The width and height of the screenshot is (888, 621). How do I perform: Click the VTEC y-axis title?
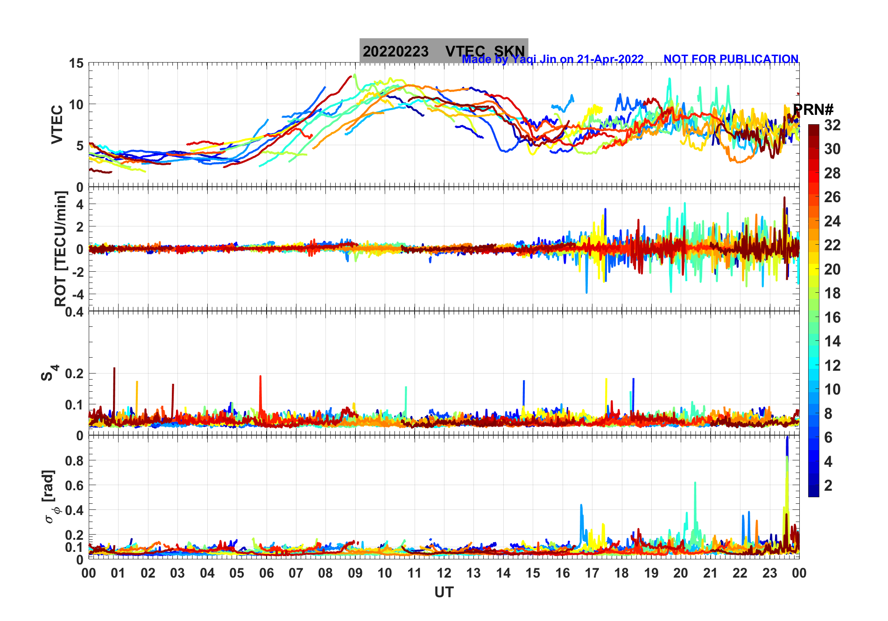pyautogui.click(x=57, y=124)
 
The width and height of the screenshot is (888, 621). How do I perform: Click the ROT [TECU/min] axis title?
pyautogui.click(x=61, y=248)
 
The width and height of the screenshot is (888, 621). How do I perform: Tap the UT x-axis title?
pyautogui.click(x=444, y=593)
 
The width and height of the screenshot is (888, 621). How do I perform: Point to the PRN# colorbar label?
pyautogui.click(x=813, y=110)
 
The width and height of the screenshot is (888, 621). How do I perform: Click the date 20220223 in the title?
pyautogui.click(x=395, y=51)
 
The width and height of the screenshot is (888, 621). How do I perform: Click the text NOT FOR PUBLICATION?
pyautogui.click(x=731, y=59)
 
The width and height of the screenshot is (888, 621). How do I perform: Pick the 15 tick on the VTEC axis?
pyautogui.click(x=77, y=63)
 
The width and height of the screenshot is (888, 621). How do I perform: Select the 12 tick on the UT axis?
pyautogui.click(x=444, y=573)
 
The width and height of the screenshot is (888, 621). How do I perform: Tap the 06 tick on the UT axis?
pyautogui.click(x=267, y=573)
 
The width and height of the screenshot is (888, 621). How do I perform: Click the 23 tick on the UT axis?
pyautogui.click(x=769, y=573)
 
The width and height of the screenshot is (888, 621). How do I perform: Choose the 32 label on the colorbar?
pyautogui.click(x=832, y=125)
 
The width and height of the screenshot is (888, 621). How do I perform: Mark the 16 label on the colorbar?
pyautogui.click(x=832, y=318)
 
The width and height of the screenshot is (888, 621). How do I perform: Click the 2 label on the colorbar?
pyautogui.click(x=828, y=486)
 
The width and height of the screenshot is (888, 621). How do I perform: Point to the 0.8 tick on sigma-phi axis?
pyautogui.click(x=75, y=460)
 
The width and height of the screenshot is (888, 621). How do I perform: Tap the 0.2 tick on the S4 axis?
pyautogui.click(x=75, y=374)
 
